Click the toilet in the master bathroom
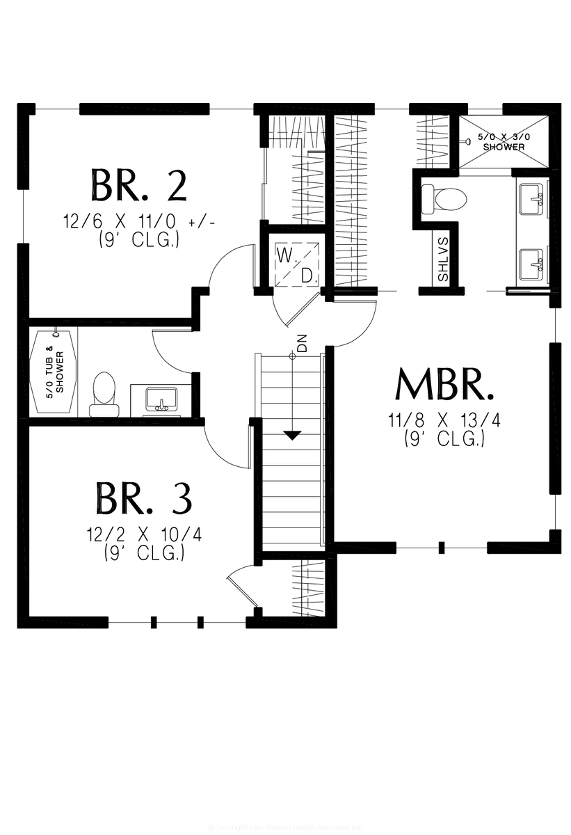click(x=444, y=198)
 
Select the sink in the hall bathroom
click(x=162, y=399)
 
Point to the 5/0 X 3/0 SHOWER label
click(x=504, y=142)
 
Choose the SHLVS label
click(x=443, y=259)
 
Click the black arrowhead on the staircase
click(x=292, y=436)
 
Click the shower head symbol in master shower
click(x=468, y=141)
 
